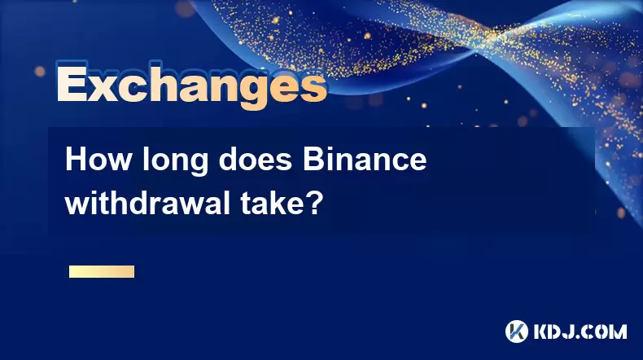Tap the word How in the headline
tap(98, 160)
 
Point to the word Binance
tap(365, 160)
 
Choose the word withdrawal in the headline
tap(147, 203)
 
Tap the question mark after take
tap(314, 203)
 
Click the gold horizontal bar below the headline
tap(102, 271)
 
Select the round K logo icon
tap(517, 331)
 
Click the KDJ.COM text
tap(580, 331)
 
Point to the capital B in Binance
tap(314, 160)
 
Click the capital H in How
tap(77, 160)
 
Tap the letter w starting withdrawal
tap(77, 207)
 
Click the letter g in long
tap(199, 166)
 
